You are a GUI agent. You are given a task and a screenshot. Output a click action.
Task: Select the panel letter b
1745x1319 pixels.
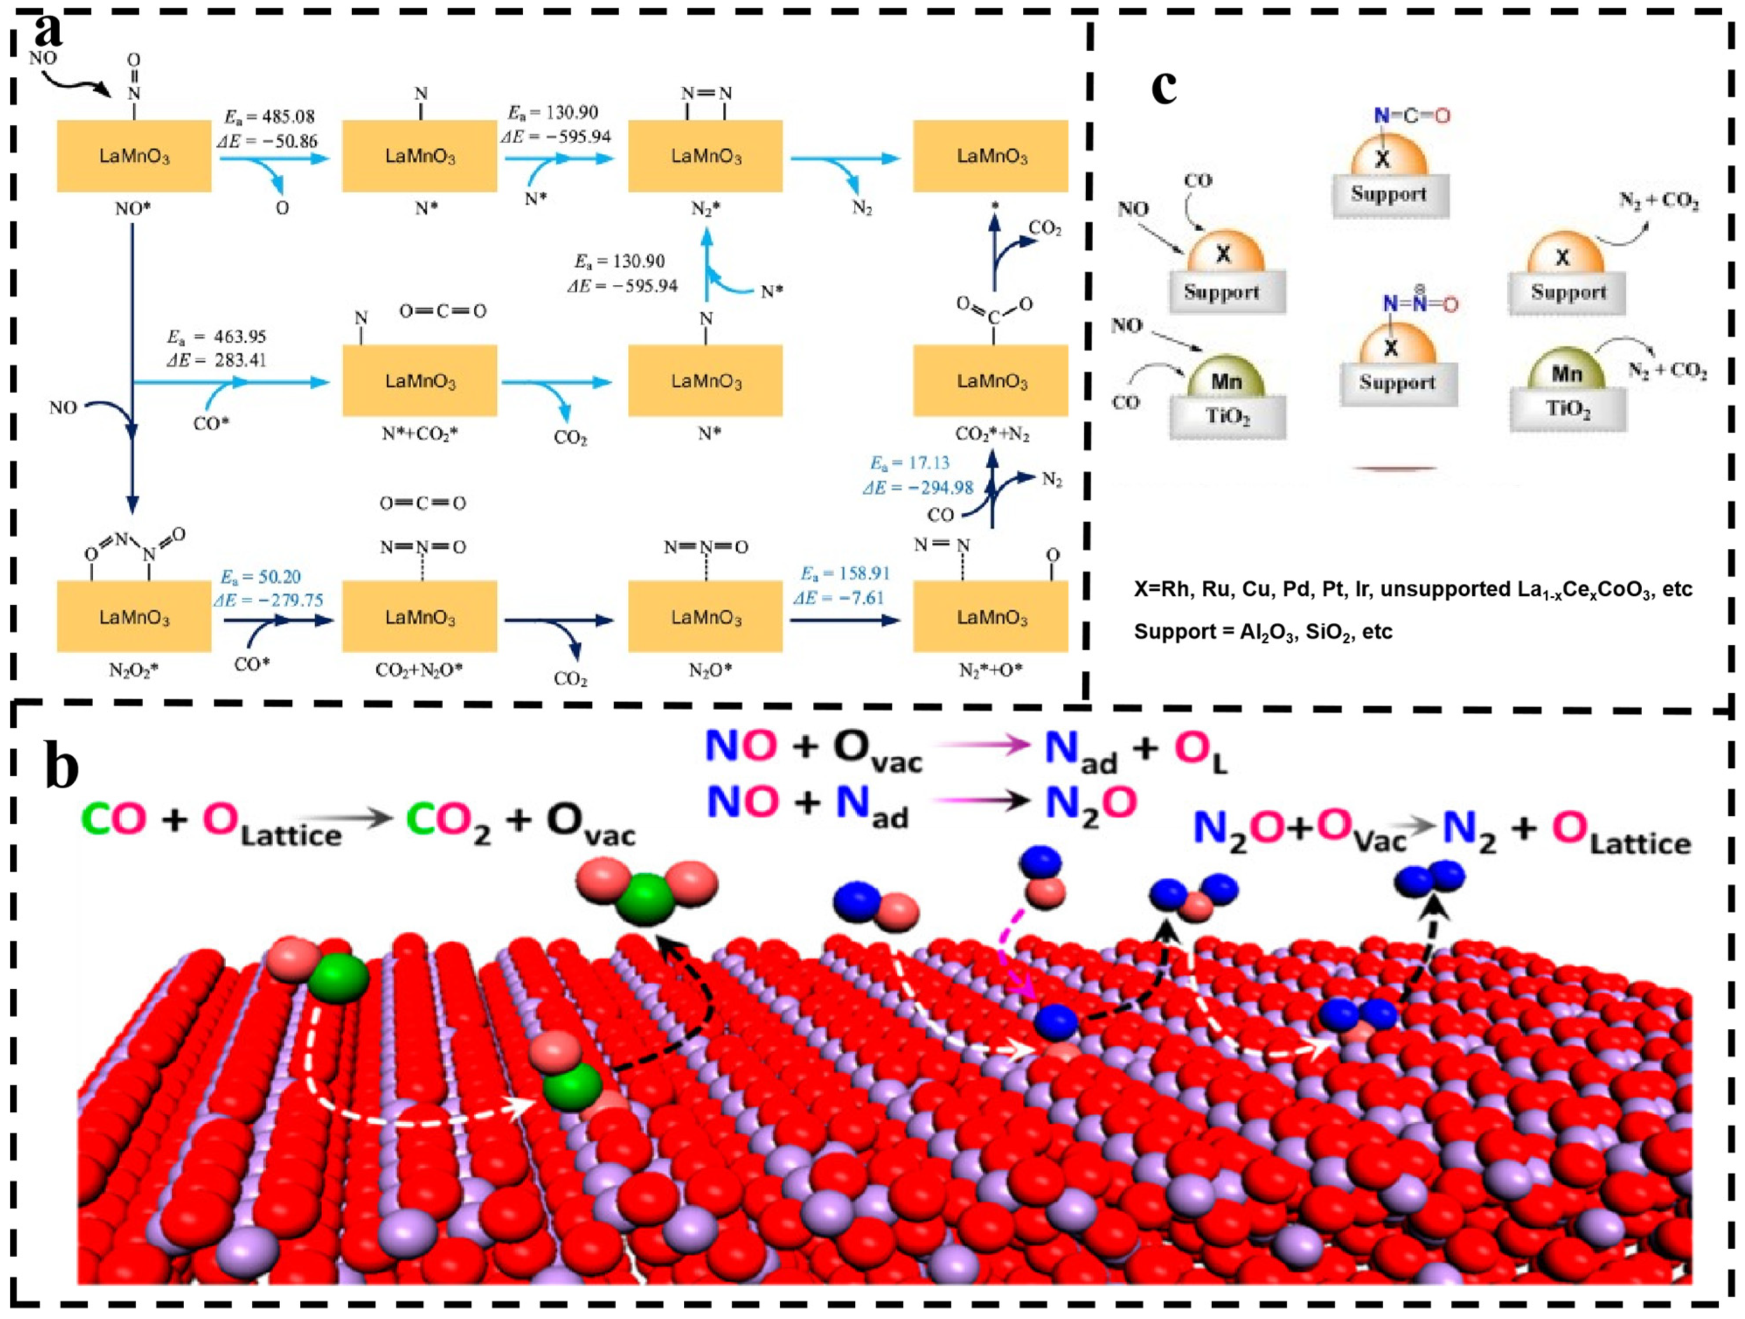[x=62, y=765]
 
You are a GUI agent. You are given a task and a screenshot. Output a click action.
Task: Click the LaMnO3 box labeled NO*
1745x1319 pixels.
[x=134, y=156]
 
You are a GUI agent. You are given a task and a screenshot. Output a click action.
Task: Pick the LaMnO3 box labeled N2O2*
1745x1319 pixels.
[x=134, y=617]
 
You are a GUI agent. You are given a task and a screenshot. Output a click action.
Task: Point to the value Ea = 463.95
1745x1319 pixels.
[x=216, y=337]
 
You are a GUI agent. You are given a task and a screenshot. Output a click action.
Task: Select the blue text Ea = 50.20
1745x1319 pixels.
[x=260, y=577]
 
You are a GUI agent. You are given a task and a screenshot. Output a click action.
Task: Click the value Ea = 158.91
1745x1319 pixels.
[x=843, y=573]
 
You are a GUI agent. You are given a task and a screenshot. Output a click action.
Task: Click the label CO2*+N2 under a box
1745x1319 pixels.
[x=992, y=434]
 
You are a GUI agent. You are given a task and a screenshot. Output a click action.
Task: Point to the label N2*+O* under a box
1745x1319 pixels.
[x=991, y=670]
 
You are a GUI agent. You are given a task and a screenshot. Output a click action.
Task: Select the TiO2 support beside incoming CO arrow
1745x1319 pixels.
[x=1227, y=417]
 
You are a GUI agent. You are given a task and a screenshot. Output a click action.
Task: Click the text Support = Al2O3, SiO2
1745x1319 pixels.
[x=1262, y=632]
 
